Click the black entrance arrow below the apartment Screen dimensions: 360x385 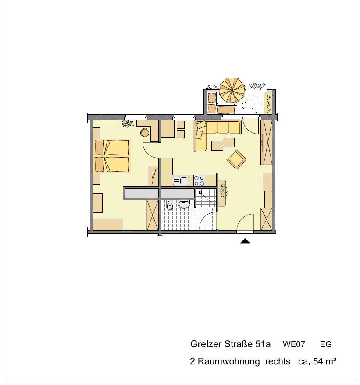[245, 241]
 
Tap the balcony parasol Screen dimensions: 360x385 [232, 90]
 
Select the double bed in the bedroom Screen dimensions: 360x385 [112, 156]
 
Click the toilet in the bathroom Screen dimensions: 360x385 [170, 205]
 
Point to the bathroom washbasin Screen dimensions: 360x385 [184, 204]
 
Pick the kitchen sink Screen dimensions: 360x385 [180, 181]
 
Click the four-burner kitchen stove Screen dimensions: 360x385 [199, 181]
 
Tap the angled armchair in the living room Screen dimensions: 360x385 [236, 159]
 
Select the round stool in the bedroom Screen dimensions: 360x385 [145, 133]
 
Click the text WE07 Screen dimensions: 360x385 [294, 344]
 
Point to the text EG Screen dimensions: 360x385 [326, 345]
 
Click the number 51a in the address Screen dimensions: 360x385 [263, 344]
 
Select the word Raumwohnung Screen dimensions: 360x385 [228, 362]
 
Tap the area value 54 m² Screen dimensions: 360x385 [324, 361]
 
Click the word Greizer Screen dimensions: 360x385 [206, 344]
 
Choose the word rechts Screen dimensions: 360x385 [278, 362]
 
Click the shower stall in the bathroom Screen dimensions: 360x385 [206, 198]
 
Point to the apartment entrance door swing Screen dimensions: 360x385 [246, 222]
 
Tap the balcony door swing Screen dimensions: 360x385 [250, 125]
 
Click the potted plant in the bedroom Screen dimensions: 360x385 [128, 124]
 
